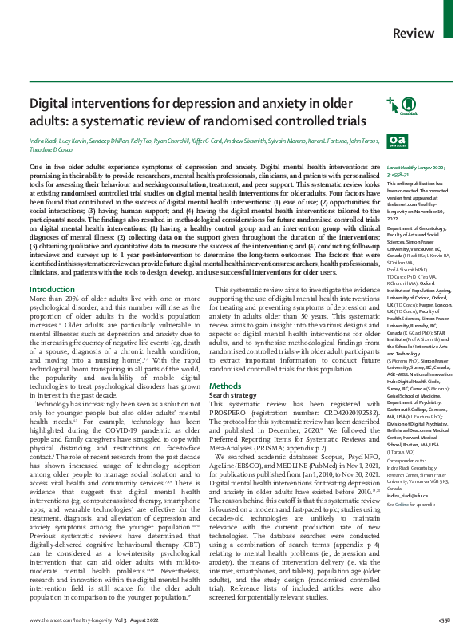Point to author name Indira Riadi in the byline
46,141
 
